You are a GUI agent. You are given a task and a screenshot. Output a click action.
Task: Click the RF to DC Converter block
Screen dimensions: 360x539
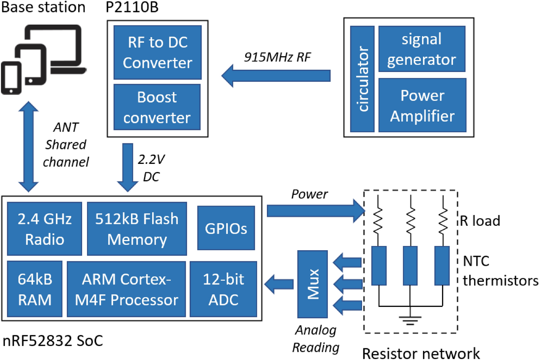157,52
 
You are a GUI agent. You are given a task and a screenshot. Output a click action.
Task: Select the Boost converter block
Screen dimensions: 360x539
157,107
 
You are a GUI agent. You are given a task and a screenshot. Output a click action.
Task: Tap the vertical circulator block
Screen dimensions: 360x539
362,79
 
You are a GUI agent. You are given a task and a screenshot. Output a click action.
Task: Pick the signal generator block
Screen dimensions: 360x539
422,49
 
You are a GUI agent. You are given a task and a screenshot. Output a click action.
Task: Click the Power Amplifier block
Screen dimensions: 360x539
422,105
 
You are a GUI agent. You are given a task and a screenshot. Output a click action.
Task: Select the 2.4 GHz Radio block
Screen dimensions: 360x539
45,229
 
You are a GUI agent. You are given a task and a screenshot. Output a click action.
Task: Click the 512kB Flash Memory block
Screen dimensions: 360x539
137,229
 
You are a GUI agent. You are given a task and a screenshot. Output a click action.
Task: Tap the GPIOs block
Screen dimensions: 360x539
226,228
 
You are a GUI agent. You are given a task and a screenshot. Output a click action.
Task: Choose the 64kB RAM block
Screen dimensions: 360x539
35,289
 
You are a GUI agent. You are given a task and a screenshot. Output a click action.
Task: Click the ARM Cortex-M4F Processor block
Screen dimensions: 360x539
126,289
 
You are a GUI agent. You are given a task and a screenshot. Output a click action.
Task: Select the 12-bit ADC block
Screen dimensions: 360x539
223,289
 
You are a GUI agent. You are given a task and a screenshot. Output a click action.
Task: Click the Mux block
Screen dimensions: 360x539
313,284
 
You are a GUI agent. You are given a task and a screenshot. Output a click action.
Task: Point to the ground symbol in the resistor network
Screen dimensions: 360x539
410,319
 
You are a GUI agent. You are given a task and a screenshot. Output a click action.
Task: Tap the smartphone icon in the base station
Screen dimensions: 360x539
11,78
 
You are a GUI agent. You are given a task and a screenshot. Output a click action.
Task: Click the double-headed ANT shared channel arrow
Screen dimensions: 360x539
29,147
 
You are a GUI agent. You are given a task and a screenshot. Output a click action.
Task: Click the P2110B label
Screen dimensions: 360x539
132,7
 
